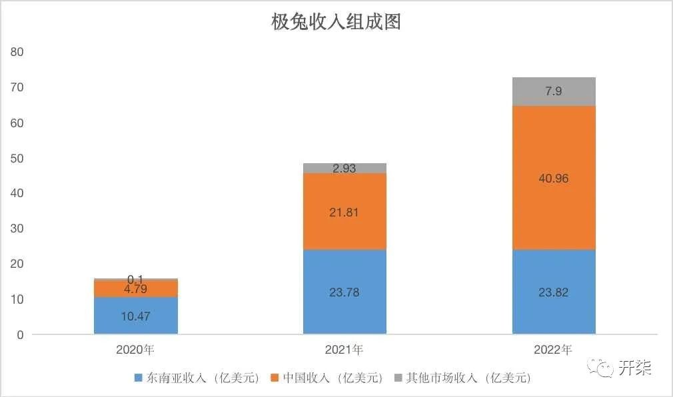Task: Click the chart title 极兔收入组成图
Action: (336, 22)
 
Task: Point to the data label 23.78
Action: (344, 292)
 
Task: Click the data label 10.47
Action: (136, 316)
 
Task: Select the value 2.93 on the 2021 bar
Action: (344, 169)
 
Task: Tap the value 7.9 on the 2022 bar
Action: (554, 91)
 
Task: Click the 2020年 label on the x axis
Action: (136, 349)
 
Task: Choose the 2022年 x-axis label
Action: (554, 349)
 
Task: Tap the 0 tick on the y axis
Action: (20, 334)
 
